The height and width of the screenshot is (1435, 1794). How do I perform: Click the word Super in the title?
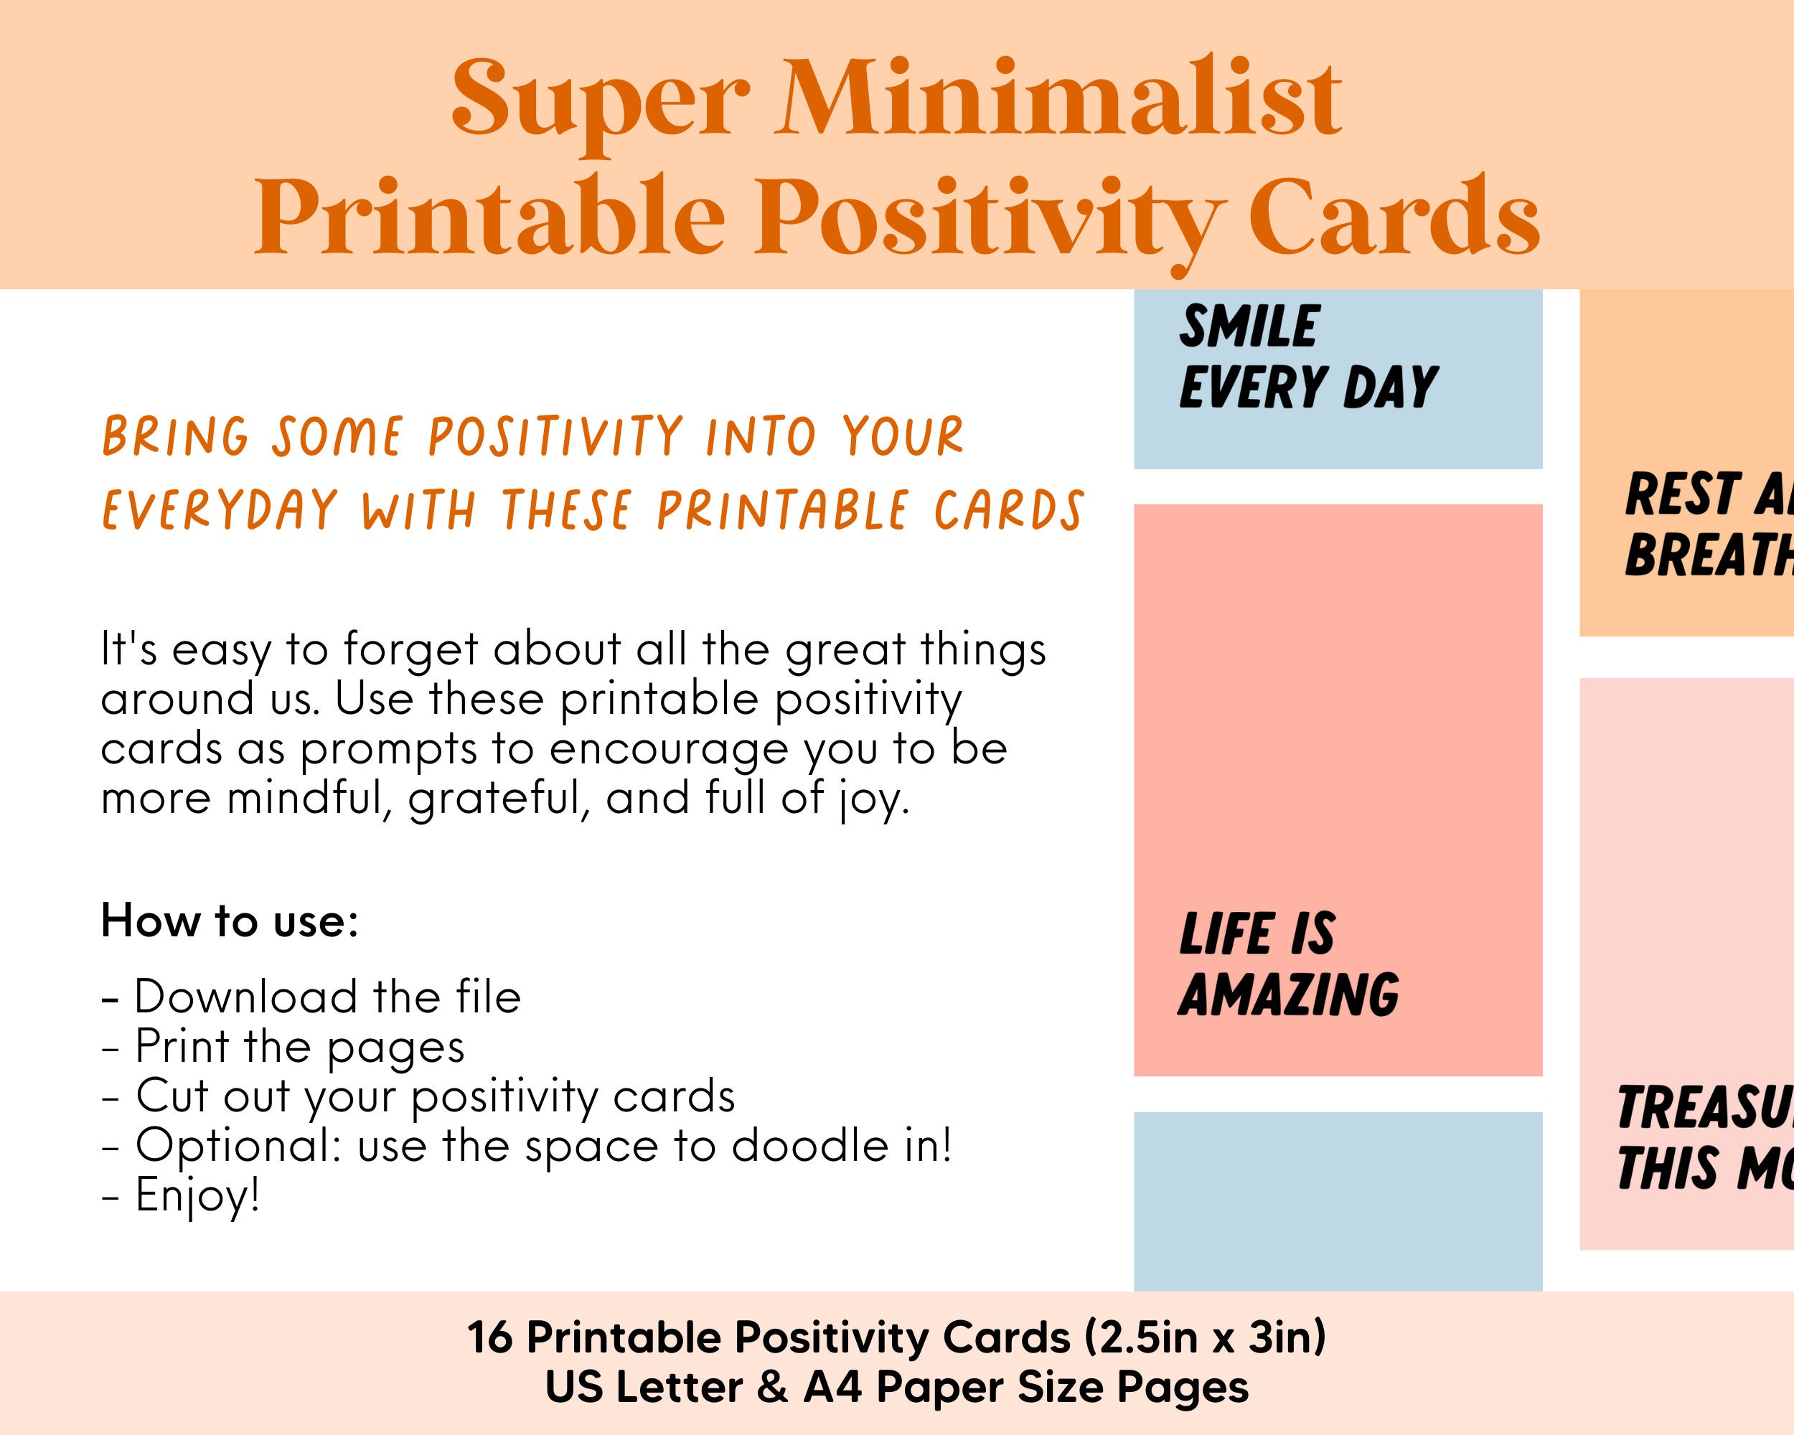pos(599,100)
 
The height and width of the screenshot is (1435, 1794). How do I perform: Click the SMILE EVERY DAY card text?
pos(1307,358)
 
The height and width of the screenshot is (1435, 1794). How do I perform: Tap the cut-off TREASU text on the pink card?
pos(1701,1108)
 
